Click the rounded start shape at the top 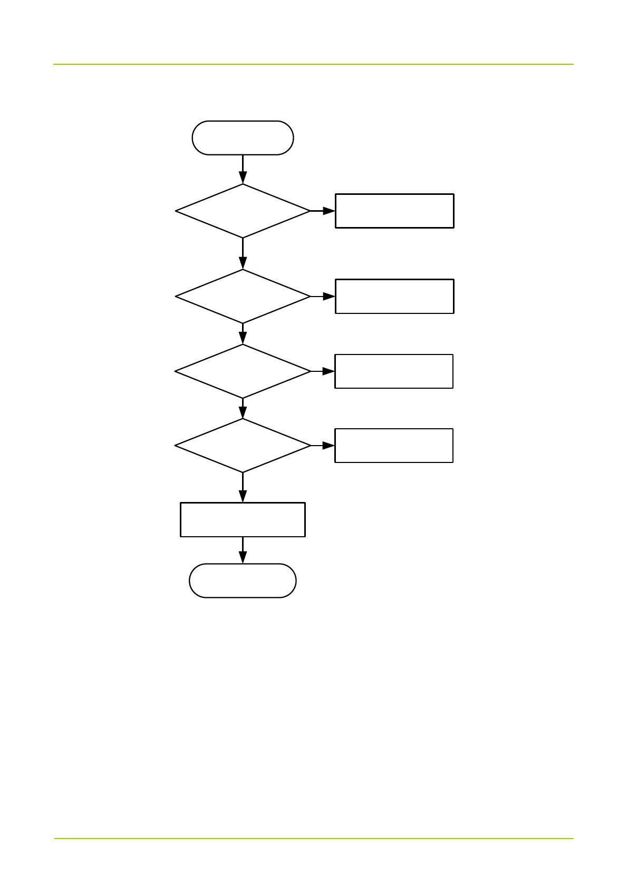pyautogui.click(x=243, y=137)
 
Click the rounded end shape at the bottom pyautogui.click(x=243, y=580)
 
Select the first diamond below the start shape pyautogui.click(x=243, y=211)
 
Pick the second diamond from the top pyautogui.click(x=243, y=297)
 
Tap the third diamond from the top pyautogui.click(x=243, y=371)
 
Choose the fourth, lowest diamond pyautogui.click(x=243, y=446)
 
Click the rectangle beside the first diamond pyautogui.click(x=394, y=211)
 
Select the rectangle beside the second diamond pyautogui.click(x=394, y=297)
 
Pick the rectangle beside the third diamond pyautogui.click(x=394, y=371)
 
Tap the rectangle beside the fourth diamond pyautogui.click(x=394, y=446)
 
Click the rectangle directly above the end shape pyautogui.click(x=243, y=519)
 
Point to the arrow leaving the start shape pyautogui.click(x=243, y=169)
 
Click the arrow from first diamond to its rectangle pyautogui.click(x=323, y=211)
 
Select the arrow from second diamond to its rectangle pyautogui.click(x=323, y=297)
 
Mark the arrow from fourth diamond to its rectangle pyautogui.click(x=323, y=446)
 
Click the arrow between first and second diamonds pyautogui.click(x=243, y=253)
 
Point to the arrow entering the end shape pyautogui.click(x=243, y=550)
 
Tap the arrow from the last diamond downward pyautogui.click(x=243, y=487)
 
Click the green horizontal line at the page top pyautogui.click(x=313, y=64)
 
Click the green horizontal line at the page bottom pyautogui.click(x=313, y=838)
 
